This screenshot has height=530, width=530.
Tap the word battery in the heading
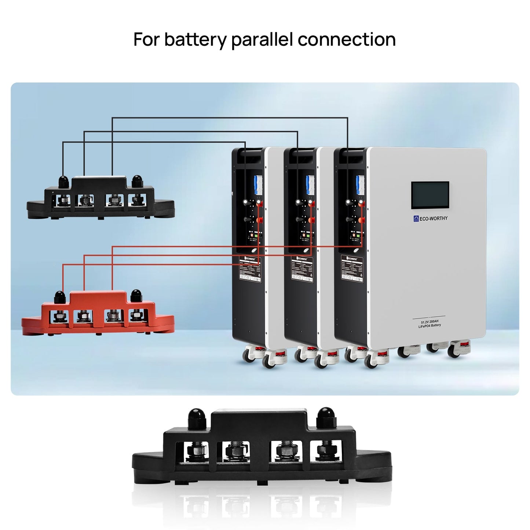195,40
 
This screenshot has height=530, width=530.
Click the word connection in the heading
347,40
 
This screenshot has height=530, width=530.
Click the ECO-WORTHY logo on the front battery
431,219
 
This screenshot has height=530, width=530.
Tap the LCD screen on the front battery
430,195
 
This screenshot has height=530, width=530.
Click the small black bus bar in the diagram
100,200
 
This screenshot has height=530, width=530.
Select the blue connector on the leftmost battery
257,185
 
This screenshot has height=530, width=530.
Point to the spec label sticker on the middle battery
302,268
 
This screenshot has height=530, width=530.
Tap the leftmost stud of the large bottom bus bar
197,452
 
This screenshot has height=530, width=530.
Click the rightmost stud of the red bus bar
136,315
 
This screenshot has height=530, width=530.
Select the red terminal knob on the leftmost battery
259,220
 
